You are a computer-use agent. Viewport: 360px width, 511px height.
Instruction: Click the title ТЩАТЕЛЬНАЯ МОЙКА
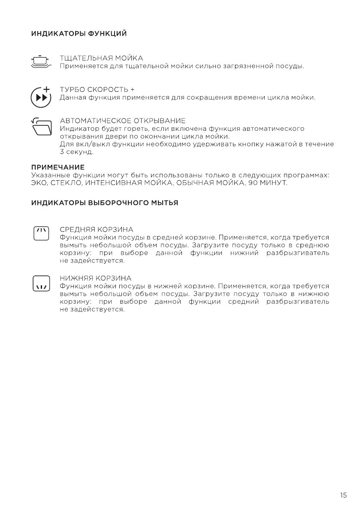[101, 57]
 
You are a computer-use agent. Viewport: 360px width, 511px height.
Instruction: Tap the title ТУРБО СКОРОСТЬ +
[97, 89]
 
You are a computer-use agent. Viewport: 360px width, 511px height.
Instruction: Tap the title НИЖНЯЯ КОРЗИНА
[95, 278]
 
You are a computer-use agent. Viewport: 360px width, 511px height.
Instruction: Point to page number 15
[343, 496]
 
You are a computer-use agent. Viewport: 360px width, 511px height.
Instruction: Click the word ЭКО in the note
[38, 183]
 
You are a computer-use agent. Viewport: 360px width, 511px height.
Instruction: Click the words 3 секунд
[76, 152]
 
